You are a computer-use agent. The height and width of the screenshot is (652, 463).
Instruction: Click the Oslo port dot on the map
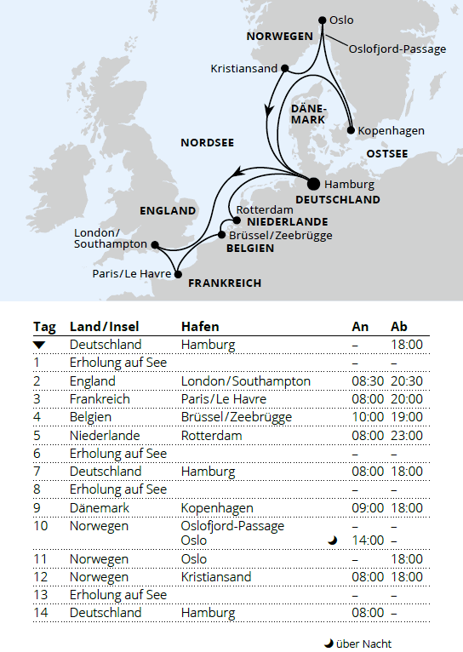coord(322,20)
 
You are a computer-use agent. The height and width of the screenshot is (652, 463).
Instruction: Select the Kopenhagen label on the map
coord(391,130)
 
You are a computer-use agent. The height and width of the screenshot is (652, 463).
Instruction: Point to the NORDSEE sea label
coord(207,143)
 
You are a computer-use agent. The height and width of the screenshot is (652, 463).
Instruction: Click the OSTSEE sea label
coord(386,153)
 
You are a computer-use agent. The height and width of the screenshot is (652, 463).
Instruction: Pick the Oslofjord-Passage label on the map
coord(397,49)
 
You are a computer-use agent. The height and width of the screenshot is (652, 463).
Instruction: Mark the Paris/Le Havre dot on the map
coord(178,274)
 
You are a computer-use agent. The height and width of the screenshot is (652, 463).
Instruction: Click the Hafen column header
coord(199,327)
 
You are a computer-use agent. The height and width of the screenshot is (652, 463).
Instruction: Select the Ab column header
coord(398,327)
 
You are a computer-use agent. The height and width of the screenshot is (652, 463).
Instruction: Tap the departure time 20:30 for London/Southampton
coord(406,381)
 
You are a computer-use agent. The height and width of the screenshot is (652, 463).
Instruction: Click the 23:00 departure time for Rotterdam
coord(406,435)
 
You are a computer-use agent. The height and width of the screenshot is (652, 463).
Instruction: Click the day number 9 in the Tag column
coord(37,507)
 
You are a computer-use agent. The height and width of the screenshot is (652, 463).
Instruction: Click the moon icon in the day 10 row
coord(333,540)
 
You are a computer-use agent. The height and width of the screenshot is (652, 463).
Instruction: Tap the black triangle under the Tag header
coord(38,345)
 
